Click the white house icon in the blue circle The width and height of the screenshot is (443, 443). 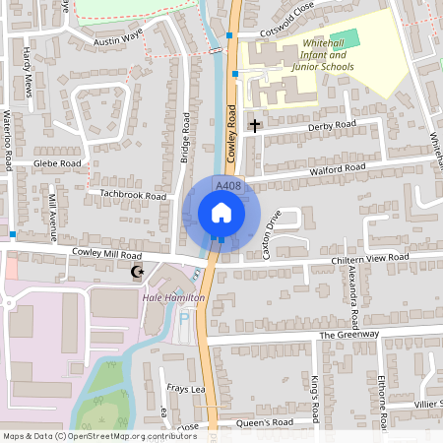(x=221, y=212)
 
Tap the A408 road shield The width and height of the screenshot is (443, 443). (x=227, y=185)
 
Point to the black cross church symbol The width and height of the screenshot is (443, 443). (x=255, y=125)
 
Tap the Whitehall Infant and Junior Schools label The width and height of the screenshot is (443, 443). (x=328, y=56)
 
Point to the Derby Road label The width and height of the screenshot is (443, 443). (x=331, y=126)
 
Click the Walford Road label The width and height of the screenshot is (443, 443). (x=338, y=168)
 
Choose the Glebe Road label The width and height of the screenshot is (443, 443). (x=57, y=162)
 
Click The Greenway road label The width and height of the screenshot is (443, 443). (x=348, y=335)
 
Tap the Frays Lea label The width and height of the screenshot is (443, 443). (x=184, y=388)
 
